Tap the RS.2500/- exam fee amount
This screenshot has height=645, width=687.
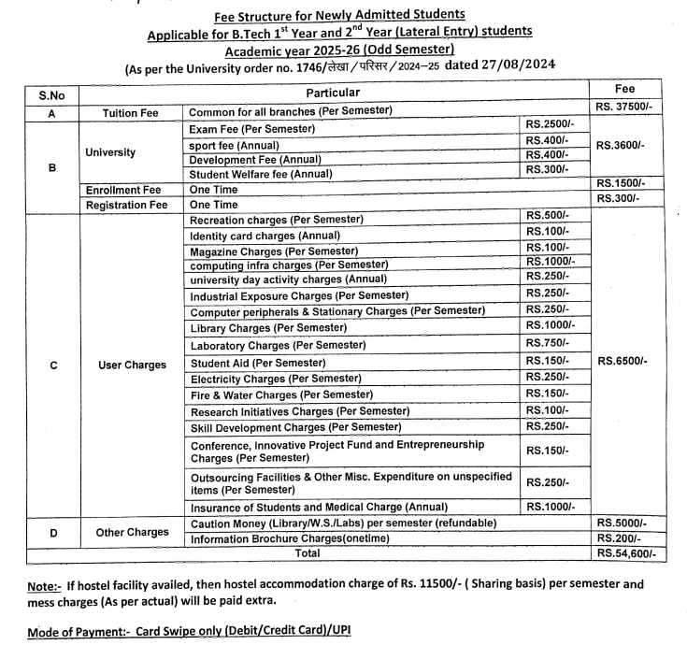547,125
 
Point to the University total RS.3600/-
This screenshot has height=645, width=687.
623,146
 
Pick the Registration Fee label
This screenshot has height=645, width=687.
127,204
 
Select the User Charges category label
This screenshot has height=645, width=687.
132,364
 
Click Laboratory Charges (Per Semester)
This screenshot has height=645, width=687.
265,345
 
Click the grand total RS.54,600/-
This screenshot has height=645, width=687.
625,553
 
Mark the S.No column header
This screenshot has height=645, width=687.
52,95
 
